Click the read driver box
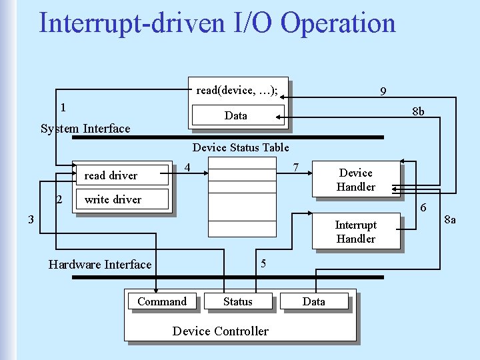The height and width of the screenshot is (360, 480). pyautogui.click(x=111, y=175)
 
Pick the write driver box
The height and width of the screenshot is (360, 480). pyautogui.click(x=113, y=199)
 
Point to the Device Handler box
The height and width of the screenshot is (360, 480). pyautogui.click(x=356, y=180)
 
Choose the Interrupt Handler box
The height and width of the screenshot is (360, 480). pyautogui.click(x=356, y=232)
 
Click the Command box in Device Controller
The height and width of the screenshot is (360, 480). pyautogui.click(x=162, y=301)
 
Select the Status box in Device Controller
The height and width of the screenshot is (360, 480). pyautogui.click(x=238, y=301)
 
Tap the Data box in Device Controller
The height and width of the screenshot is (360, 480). pyautogui.click(x=314, y=301)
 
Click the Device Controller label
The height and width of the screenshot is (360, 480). pyautogui.click(x=221, y=331)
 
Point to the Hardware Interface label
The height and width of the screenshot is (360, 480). pyautogui.click(x=100, y=265)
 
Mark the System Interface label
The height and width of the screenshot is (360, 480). pyautogui.click(x=85, y=129)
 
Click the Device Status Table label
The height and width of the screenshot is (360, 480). pyautogui.click(x=241, y=147)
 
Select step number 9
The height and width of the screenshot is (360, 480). pyautogui.click(x=383, y=91)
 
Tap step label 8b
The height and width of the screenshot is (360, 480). pyautogui.click(x=418, y=111)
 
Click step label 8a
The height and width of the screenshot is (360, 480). pyautogui.click(x=450, y=220)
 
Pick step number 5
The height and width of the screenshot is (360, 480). pyautogui.click(x=263, y=263)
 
